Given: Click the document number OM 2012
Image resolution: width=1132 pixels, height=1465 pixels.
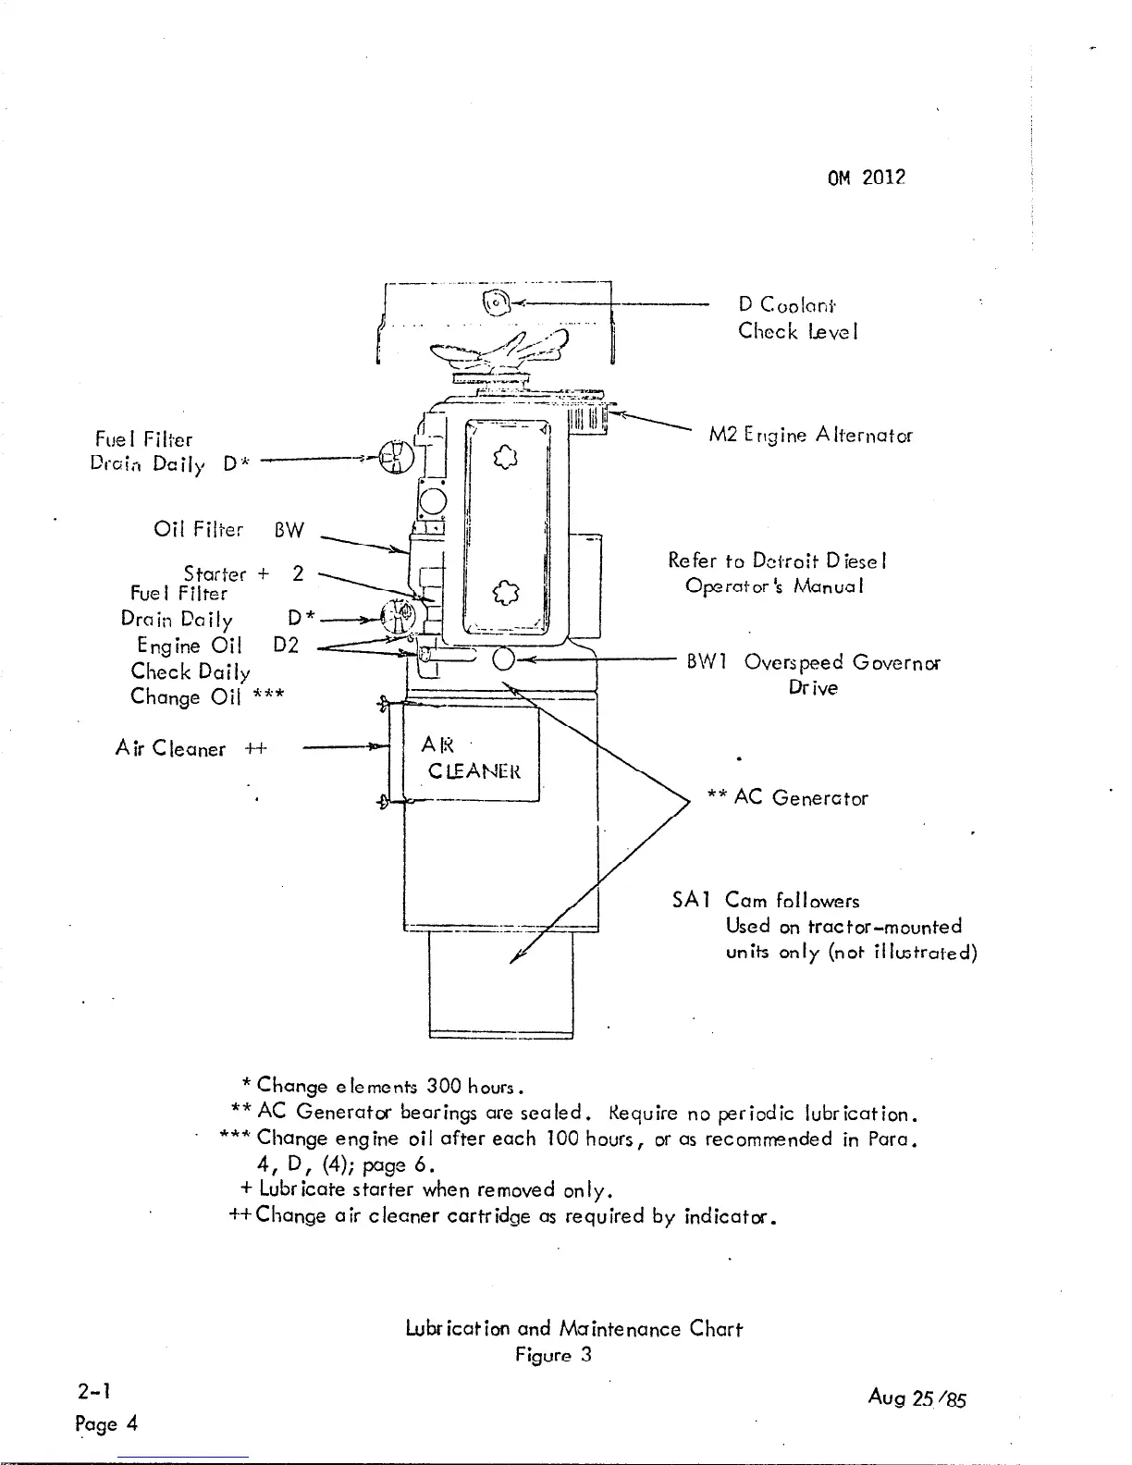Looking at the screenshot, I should [x=866, y=178].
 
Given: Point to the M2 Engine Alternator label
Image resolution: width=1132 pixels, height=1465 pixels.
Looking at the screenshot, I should [x=810, y=435].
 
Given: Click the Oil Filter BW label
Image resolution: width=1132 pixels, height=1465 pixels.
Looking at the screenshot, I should [x=228, y=531].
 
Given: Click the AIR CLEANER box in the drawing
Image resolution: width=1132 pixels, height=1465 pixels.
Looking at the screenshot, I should [x=472, y=757].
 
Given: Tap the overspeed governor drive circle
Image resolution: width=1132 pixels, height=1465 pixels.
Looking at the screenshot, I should [x=504, y=659].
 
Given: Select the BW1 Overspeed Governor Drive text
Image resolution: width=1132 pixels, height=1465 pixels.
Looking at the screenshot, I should [x=813, y=674].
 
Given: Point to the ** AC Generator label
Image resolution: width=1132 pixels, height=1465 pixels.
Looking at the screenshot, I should [x=787, y=797].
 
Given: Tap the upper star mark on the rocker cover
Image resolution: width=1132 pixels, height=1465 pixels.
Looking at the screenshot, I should [x=503, y=456].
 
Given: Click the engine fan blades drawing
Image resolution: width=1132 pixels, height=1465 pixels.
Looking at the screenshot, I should [x=504, y=353].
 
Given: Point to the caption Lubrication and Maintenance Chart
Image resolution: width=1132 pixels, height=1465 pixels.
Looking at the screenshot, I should [x=573, y=1329].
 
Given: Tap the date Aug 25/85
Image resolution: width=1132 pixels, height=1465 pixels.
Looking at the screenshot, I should [x=917, y=1398].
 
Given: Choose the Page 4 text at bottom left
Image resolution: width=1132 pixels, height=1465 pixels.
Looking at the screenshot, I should [x=106, y=1423].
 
